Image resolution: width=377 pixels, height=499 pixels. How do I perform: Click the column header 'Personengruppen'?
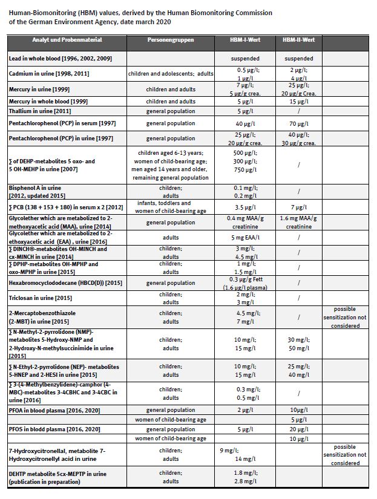170,40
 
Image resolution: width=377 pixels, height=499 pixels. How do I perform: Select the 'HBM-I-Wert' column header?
245,40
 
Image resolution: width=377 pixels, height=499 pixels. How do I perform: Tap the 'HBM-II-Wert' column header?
298,40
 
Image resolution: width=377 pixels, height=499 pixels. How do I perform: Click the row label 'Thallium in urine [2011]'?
40,111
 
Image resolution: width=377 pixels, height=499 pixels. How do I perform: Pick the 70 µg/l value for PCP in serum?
298,123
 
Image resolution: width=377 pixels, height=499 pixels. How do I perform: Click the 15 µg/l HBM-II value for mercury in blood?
298,101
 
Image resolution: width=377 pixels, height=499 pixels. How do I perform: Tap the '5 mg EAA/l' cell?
245,237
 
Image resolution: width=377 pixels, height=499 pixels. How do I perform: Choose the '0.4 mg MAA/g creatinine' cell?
245,222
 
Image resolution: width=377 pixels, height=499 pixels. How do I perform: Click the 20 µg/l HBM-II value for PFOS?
298,429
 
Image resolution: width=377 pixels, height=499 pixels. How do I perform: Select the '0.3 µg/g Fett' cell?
245,279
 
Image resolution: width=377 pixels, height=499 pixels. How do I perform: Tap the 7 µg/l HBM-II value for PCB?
298,207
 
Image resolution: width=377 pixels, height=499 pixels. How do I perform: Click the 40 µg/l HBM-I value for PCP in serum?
245,123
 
